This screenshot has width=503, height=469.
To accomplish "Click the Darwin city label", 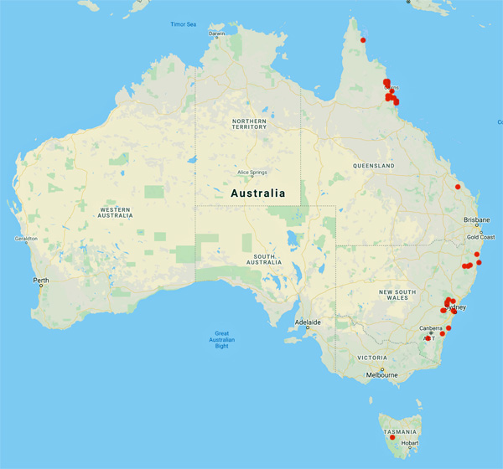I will [x=217, y=33].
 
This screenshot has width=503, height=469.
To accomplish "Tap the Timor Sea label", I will [x=183, y=24].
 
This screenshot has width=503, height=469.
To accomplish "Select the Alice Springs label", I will [x=251, y=173].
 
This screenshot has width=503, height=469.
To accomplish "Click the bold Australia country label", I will [x=257, y=193].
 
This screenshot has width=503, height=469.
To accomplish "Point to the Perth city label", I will [x=40, y=280].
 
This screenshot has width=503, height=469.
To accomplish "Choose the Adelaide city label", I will [x=307, y=322].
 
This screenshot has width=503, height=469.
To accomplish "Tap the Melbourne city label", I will [x=382, y=375].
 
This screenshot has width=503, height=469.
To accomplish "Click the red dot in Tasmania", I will [x=392, y=437].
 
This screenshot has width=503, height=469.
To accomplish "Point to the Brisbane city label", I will [x=476, y=220].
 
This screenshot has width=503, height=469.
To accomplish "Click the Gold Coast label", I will [x=481, y=237].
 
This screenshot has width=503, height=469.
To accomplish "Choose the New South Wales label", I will [x=397, y=295].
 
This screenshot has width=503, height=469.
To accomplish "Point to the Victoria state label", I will [x=371, y=357].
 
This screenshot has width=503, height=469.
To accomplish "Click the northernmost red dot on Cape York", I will [x=363, y=39].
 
